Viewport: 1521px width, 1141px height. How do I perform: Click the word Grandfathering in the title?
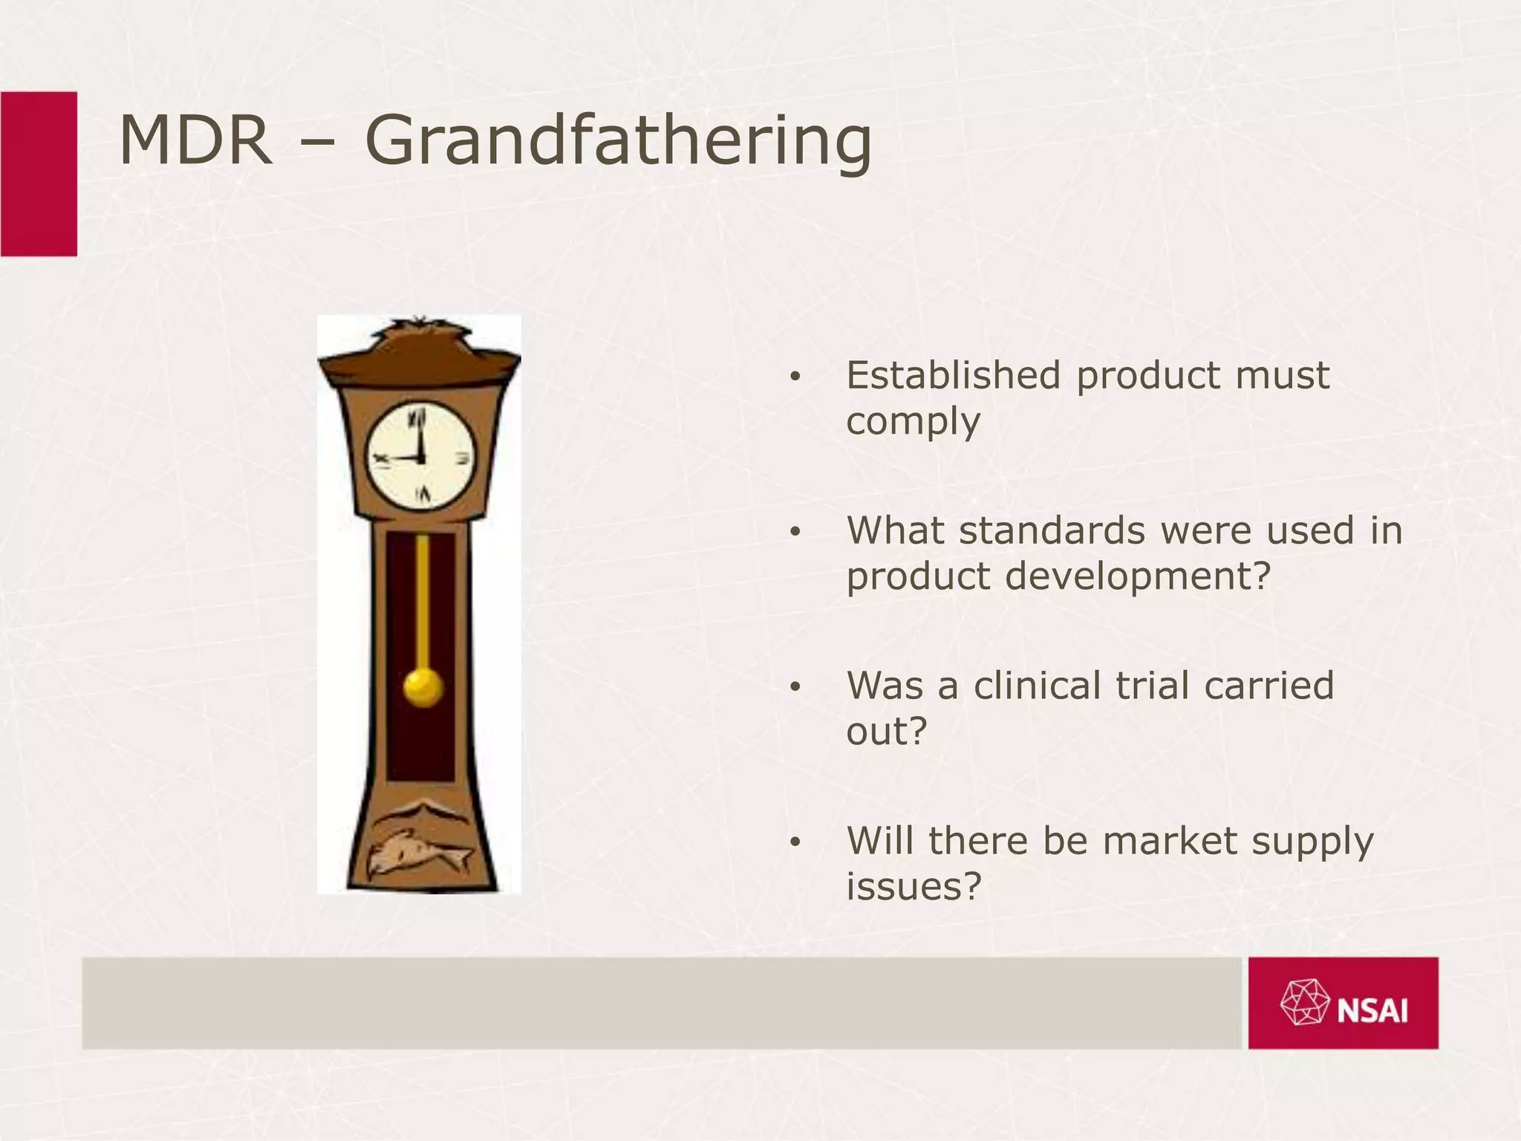click(x=618, y=141)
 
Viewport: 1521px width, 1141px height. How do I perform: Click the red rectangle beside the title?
click(x=39, y=174)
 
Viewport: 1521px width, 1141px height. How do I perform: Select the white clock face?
click(x=420, y=456)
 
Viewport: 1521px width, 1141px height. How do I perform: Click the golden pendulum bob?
click(x=423, y=687)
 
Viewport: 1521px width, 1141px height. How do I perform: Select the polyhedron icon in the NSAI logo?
click(x=1304, y=1003)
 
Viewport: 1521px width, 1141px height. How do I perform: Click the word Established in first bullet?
click(x=953, y=375)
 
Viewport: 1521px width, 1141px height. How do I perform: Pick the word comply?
click(x=913, y=422)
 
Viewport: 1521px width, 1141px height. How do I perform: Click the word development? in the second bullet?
click(x=1138, y=576)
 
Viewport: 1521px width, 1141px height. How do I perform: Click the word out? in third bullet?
click(x=887, y=732)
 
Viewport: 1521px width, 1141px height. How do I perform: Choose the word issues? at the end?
click(x=913, y=886)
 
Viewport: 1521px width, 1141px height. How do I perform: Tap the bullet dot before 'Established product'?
click(x=795, y=377)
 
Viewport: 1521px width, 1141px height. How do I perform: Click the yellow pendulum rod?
click(x=423, y=602)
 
